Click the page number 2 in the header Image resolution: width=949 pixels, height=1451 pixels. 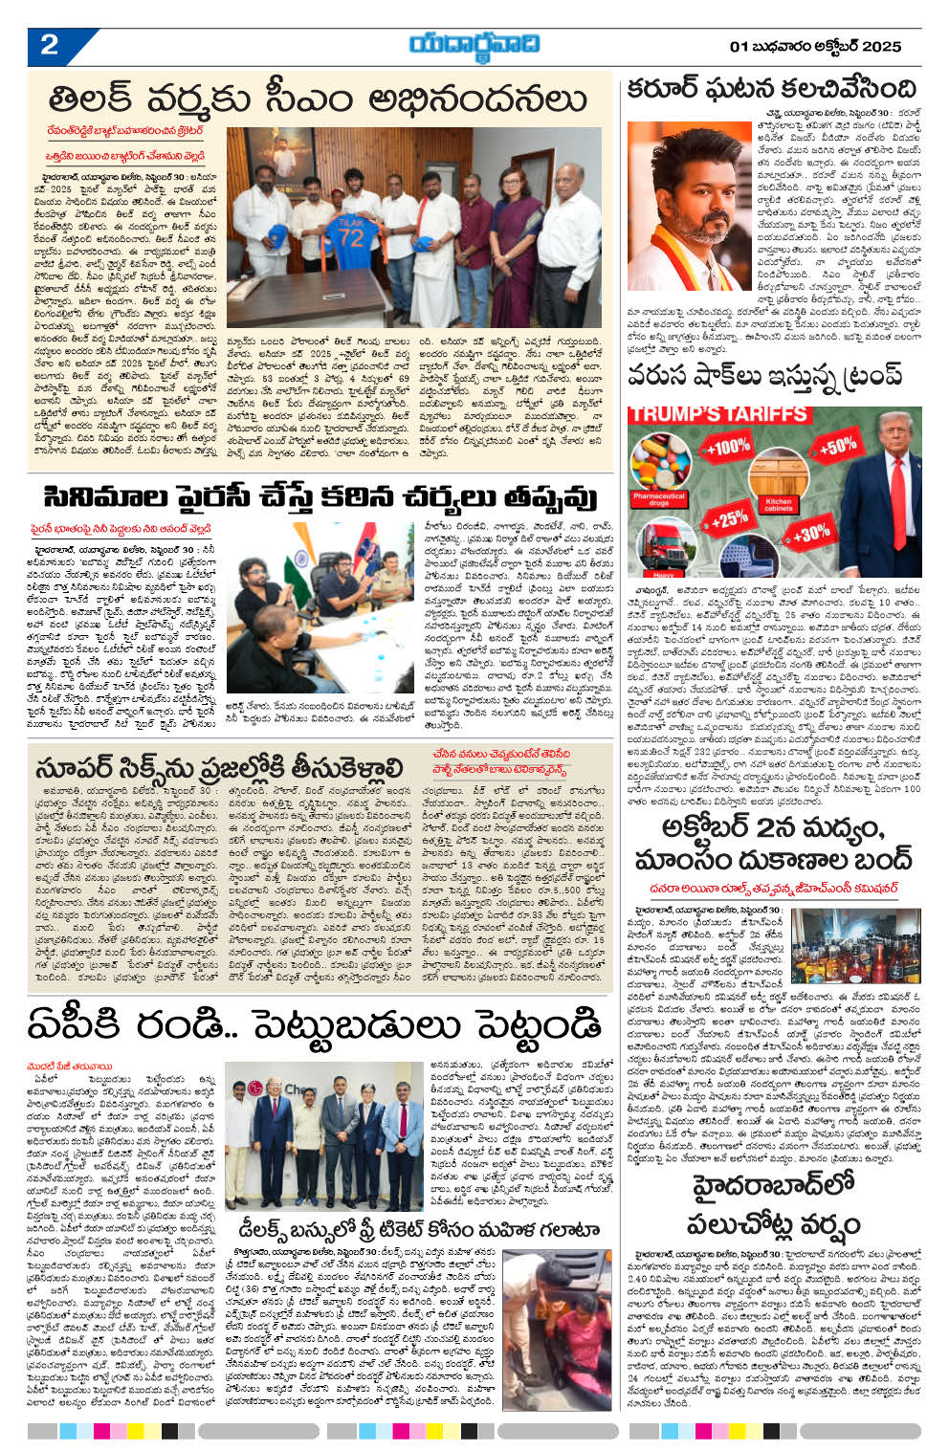(x=49, y=45)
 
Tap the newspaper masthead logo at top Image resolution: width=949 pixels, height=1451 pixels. (x=474, y=44)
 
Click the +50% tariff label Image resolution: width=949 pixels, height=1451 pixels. (x=837, y=446)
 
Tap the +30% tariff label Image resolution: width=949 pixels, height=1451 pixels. (x=810, y=533)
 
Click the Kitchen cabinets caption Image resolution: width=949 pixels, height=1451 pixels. (x=779, y=501)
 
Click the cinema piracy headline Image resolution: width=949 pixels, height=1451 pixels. (x=320, y=498)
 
